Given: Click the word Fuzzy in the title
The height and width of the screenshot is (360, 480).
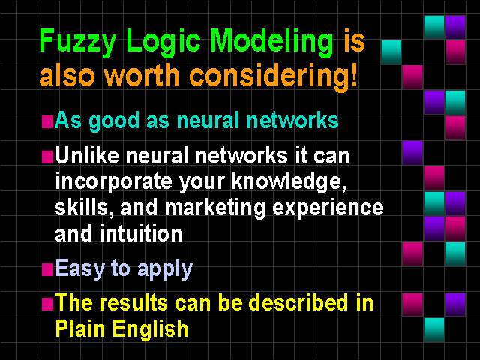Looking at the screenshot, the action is pyautogui.click(x=78, y=42).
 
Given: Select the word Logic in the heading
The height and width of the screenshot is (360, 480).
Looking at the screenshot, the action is pyautogui.click(x=163, y=42).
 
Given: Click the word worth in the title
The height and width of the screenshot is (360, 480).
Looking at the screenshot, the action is pyautogui.click(x=142, y=75).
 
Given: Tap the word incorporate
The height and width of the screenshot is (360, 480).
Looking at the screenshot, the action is pyautogui.click(x=114, y=182).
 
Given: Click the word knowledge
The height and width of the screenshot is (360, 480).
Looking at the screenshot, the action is pyautogui.click(x=288, y=181).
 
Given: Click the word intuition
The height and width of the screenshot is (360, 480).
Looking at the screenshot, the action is pyautogui.click(x=141, y=233).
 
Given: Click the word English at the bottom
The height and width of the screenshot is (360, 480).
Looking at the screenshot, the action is pyautogui.click(x=151, y=329).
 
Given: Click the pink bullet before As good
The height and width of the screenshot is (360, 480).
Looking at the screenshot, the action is pyautogui.click(x=47, y=121).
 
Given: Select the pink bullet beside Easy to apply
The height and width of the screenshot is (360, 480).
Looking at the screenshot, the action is pyautogui.click(x=47, y=270).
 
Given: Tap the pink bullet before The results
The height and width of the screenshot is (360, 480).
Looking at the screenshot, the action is pyautogui.click(x=47, y=304).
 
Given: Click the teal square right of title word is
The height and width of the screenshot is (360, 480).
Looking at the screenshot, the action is pyautogui.click(x=391, y=52).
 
